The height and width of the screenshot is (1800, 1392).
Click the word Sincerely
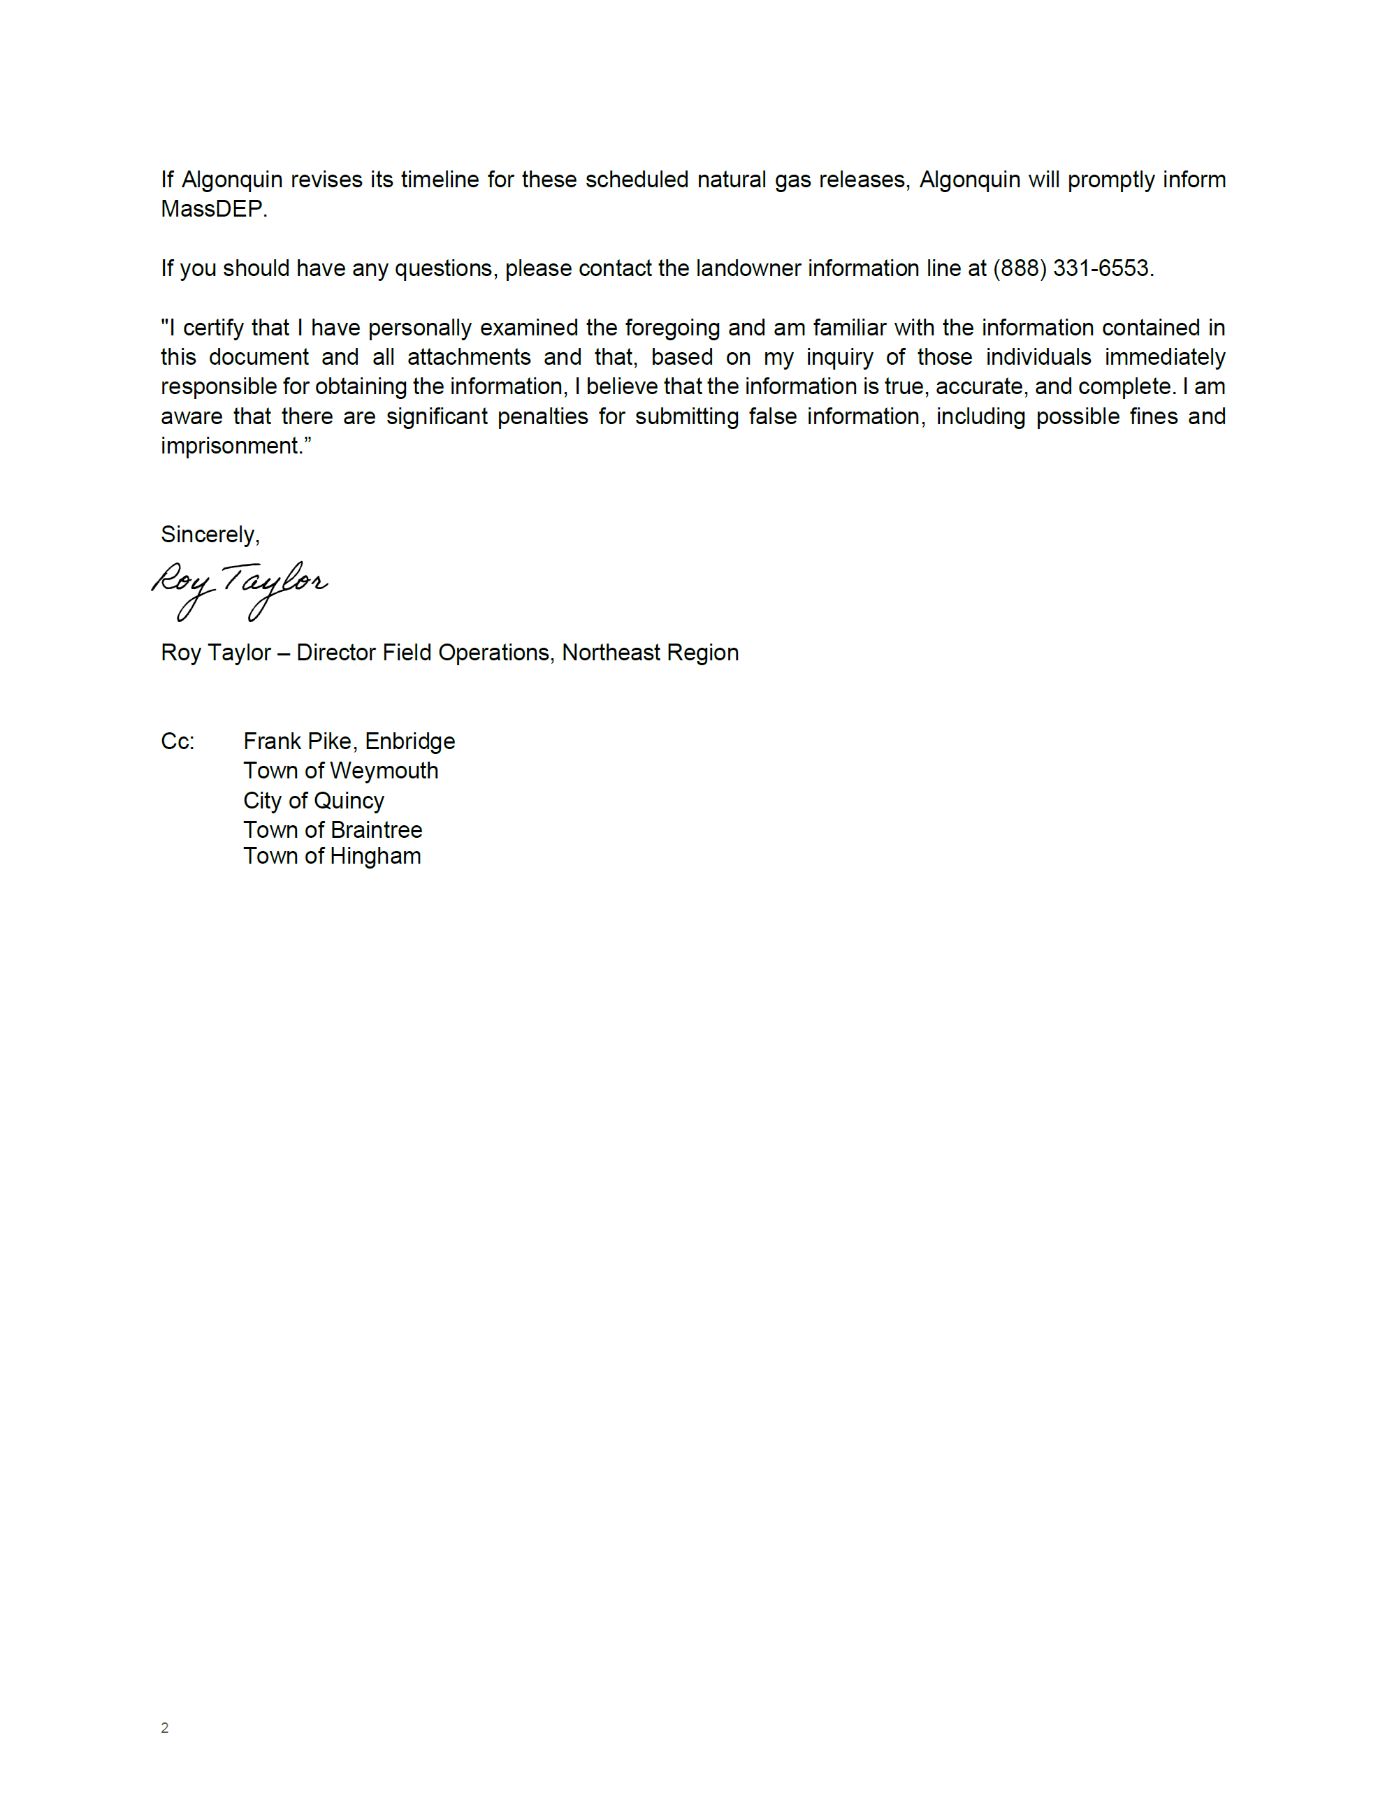208,535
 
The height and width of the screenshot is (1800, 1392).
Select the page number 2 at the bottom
165,1727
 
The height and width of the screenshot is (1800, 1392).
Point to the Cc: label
177,742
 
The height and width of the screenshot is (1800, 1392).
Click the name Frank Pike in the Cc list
298,742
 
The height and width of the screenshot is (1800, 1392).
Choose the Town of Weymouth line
340,771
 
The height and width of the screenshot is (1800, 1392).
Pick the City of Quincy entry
313,801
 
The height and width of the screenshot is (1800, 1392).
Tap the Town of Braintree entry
332,830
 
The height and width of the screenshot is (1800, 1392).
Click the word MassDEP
212,210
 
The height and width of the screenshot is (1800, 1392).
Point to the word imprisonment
230,447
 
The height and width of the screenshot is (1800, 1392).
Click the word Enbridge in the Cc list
409,742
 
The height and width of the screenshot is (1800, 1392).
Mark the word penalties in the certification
542,417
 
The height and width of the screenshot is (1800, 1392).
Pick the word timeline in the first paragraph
438,180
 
